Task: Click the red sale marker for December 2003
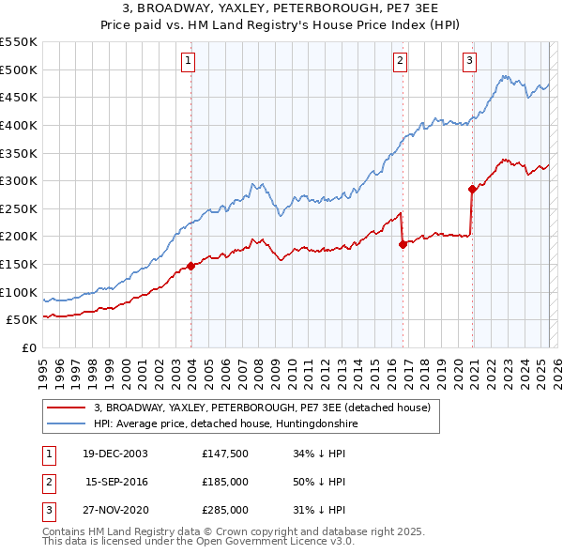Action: (191, 266)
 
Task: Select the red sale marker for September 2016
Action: (403, 244)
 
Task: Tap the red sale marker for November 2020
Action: (472, 189)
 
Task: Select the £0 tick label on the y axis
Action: (28, 347)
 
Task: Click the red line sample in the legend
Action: (65, 408)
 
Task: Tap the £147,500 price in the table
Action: (224, 454)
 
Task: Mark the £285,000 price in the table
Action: (224, 510)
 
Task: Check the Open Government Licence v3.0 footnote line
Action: (199, 542)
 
